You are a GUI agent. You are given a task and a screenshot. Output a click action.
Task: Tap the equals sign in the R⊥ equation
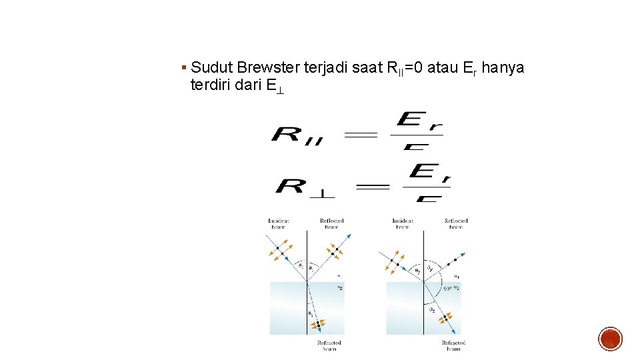[373, 187]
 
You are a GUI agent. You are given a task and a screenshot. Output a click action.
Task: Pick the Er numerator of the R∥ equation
[419, 122]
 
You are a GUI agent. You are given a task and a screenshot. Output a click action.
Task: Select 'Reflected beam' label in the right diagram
[456, 223]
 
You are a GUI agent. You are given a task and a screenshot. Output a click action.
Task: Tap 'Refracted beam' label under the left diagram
[329, 345]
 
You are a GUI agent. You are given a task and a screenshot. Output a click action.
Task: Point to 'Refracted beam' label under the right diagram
[453, 345]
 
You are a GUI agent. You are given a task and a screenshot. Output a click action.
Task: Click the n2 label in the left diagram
[340, 288]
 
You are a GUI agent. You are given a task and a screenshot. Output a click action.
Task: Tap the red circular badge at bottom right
[610, 339]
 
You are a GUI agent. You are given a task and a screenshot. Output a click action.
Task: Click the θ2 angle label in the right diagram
[432, 310]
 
